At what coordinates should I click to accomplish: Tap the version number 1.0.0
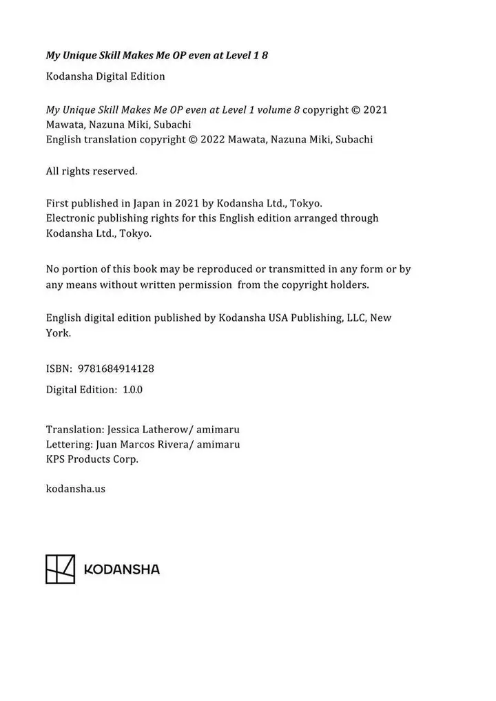click(x=132, y=389)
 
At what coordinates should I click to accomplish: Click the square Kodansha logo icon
click(x=60, y=568)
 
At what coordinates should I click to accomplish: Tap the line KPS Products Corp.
click(x=92, y=459)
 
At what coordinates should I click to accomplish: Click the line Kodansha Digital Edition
click(x=105, y=76)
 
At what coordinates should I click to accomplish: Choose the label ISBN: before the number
click(x=59, y=368)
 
